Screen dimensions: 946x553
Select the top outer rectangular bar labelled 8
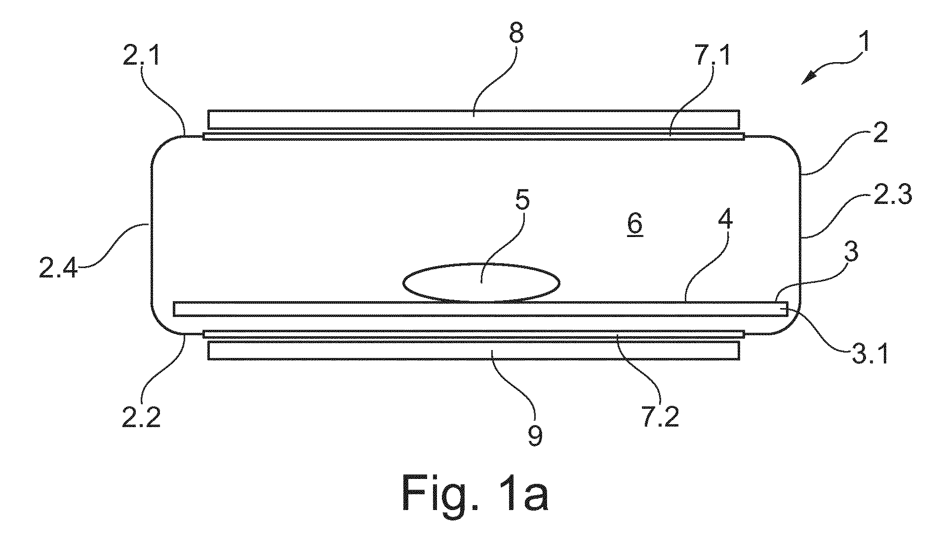pyautogui.click(x=473, y=119)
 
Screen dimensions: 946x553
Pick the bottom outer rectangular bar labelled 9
pyautogui.click(x=473, y=350)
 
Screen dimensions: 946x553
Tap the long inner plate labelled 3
pyautogui.click(x=480, y=309)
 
